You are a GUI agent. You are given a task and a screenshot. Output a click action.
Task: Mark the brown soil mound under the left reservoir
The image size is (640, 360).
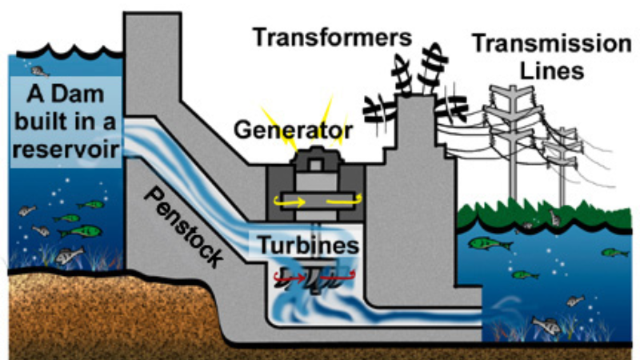96,304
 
